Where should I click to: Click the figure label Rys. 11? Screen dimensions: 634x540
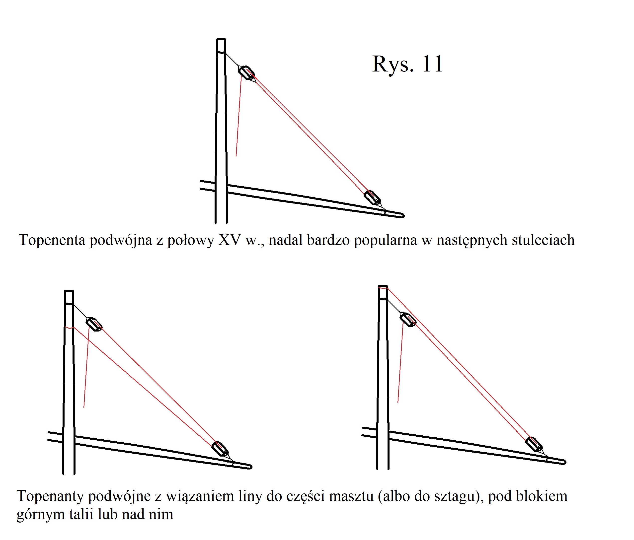coord(407,64)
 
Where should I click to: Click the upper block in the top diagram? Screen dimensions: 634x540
coord(247,73)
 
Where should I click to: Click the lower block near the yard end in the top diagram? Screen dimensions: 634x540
coord(372,198)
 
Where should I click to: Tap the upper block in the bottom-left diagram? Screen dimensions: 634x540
coord(94,324)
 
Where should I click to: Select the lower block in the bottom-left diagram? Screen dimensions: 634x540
coord(220,449)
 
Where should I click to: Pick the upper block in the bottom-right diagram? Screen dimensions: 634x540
coord(408,320)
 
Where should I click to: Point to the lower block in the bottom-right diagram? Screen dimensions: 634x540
coord(534,444)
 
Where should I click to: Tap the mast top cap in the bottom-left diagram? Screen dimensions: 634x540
coord(69,297)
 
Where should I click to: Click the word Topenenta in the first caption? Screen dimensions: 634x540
coord(52,240)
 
